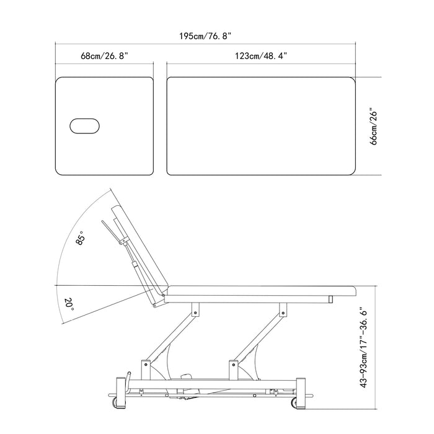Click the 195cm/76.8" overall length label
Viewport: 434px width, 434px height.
coord(205,36)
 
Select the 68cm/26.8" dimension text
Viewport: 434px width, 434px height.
coord(104,56)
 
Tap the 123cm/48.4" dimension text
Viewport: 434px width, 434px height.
coord(261,56)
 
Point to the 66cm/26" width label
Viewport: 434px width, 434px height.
coord(373,128)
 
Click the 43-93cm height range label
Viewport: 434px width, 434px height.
coord(364,348)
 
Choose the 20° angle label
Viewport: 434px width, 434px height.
coord(69,304)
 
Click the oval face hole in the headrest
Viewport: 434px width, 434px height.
coord(84,126)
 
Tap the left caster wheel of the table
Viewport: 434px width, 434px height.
coord(114,402)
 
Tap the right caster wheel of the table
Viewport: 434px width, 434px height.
coord(294,402)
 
